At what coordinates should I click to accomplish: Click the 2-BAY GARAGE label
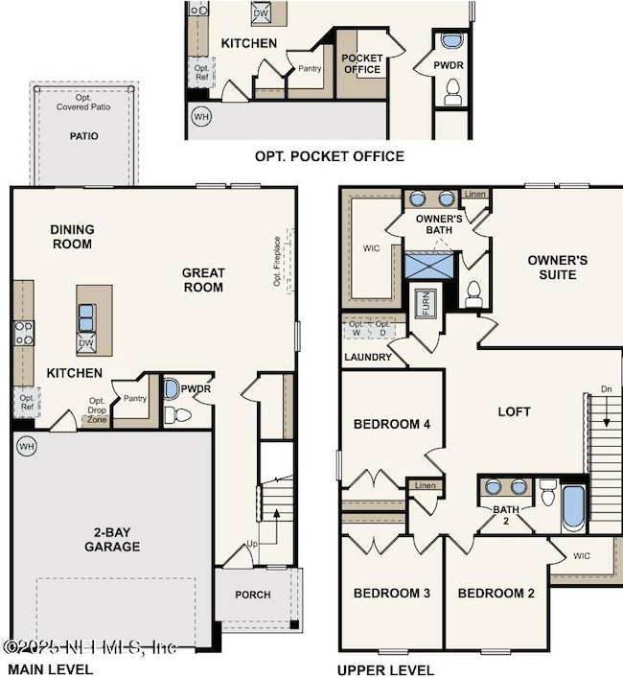point(111,538)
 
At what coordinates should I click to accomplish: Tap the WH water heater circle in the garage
point(25,446)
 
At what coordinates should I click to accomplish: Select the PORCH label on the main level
point(253,595)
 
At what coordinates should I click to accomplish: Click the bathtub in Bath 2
point(573,508)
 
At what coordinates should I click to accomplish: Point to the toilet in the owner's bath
point(473,292)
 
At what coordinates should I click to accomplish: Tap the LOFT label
point(514,411)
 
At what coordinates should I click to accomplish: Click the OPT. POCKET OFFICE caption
point(329,155)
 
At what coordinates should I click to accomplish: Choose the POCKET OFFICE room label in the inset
point(361,63)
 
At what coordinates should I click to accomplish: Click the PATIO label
point(83,136)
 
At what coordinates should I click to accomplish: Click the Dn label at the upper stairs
point(605,388)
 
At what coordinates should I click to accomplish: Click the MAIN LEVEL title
point(50,669)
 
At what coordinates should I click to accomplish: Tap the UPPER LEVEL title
point(385,670)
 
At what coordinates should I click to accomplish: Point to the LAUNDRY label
point(368,358)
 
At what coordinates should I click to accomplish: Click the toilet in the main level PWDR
point(172,414)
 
